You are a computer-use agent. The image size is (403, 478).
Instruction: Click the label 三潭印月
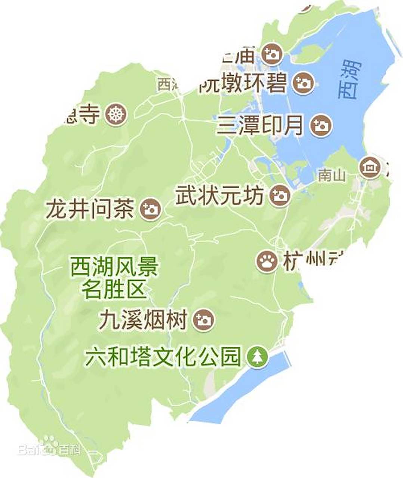(x=260, y=125)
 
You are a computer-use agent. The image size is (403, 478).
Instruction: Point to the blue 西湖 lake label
(x=350, y=80)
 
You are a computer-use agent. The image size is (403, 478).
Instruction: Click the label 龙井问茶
(x=90, y=209)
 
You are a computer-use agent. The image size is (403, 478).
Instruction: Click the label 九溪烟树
(x=143, y=320)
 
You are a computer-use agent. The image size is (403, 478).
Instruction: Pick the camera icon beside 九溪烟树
(x=204, y=320)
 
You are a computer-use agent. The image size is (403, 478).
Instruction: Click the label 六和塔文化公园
(x=162, y=357)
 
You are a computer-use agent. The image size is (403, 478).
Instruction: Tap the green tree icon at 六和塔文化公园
(x=258, y=356)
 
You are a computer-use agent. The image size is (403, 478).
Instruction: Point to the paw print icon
(x=267, y=261)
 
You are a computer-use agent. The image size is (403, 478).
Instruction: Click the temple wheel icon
(x=116, y=114)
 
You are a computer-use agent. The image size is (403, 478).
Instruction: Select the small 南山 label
(x=332, y=175)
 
